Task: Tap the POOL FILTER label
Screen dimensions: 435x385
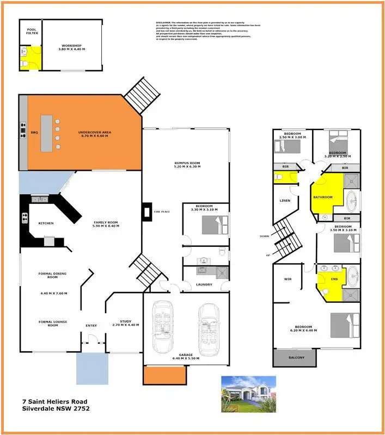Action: click(32, 32)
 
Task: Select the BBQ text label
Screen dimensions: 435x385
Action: click(34, 132)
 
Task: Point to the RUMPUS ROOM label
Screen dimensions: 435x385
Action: click(187, 164)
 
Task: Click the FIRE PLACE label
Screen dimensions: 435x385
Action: click(160, 211)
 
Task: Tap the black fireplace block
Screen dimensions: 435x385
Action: click(145, 212)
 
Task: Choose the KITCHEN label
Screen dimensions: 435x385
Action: click(46, 223)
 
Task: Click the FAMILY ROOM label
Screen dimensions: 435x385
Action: click(106, 224)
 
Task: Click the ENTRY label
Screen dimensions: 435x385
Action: click(91, 326)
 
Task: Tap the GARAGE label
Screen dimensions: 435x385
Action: click(186, 356)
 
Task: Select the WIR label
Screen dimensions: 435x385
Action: click(288, 279)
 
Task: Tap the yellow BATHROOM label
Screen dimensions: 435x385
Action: click(322, 197)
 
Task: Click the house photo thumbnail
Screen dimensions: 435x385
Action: click(248, 393)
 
